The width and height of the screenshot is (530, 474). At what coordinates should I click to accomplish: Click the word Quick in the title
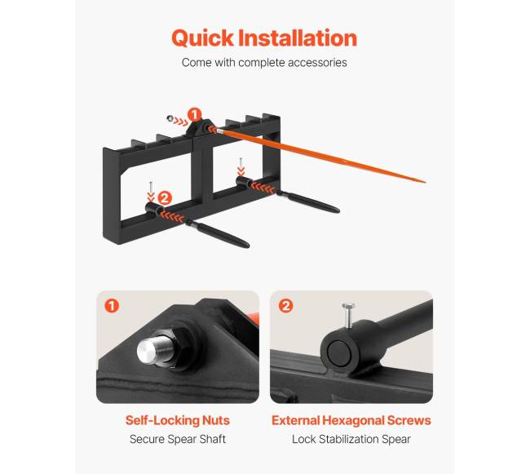point(202,38)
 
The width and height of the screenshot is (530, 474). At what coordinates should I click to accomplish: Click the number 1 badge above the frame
point(194,115)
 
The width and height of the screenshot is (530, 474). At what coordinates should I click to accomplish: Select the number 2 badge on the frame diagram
point(165,197)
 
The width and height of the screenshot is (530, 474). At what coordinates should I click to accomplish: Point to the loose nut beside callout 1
point(170,118)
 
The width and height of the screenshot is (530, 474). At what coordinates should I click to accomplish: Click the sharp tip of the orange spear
point(425,182)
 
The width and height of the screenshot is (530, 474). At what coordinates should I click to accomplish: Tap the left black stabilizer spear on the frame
point(217,233)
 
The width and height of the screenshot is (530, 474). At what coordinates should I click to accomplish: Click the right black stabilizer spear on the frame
point(308,202)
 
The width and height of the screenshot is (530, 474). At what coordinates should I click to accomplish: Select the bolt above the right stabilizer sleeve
point(241,162)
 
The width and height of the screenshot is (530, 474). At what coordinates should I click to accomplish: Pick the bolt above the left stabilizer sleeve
point(151,187)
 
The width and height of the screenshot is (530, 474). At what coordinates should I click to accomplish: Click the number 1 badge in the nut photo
point(112,306)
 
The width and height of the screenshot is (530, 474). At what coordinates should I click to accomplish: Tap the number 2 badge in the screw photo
point(285,306)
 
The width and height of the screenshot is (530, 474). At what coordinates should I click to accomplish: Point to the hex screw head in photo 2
point(348,306)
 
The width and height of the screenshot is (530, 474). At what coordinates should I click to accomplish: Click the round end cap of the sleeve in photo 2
point(338,353)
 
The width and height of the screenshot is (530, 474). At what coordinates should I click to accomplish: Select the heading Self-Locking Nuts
point(178,421)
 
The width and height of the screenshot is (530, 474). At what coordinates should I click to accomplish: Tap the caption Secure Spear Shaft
point(178,439)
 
